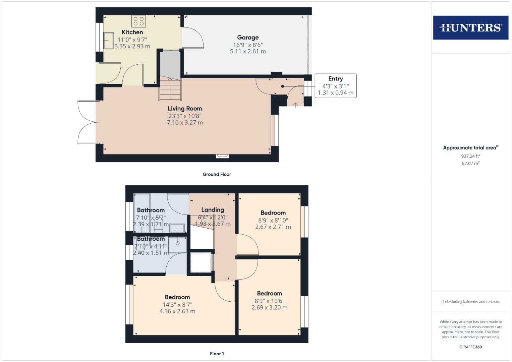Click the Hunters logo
(470, 27)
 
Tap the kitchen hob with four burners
(139, 21)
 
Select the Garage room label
(248, 38)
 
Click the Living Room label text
(185, 109)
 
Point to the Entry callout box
(335, 86)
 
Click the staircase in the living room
(170, 89)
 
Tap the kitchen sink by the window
(108, 41)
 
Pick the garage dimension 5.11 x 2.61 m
(248, 52)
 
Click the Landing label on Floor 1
(213, 210)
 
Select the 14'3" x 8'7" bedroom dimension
(177, 305)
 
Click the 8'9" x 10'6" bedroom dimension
(269, 301)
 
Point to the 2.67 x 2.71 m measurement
(273, 227)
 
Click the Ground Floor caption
(217, 174)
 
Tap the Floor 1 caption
(217, 354)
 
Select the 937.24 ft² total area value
(470, 156)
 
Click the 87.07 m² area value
(470, 164)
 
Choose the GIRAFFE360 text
(470, 347)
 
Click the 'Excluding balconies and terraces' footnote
(470, 302)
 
